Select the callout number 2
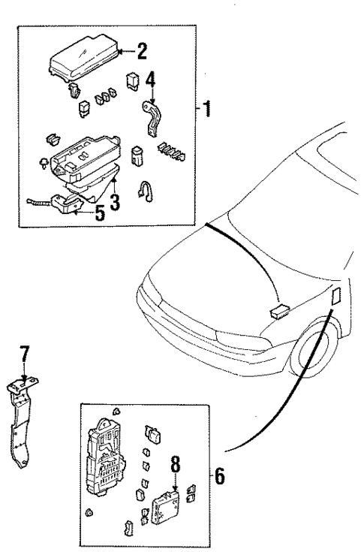coord(141,51)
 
